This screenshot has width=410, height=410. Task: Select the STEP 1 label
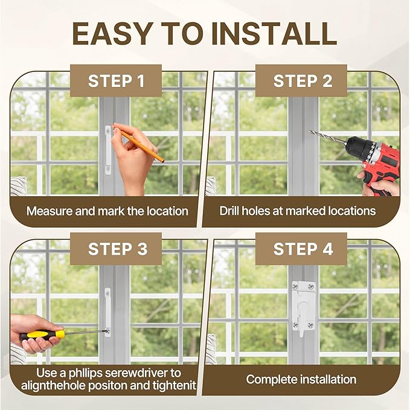pyautogui.click(x=117, y=81)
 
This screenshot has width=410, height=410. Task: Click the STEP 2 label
pyautogui.click(x=303, y=81)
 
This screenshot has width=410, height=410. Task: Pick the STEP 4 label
pyautogui.click(x=303, y=249)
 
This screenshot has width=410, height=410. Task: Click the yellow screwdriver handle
pyautogui.click(x=42, y=335)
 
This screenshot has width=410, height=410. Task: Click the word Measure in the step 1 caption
pyautogui.click(x=50, y=211)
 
